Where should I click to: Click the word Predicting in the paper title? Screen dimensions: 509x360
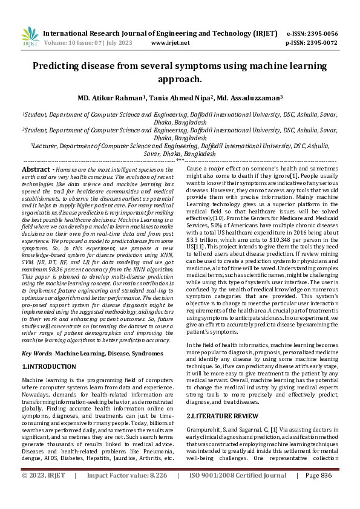[63, 67]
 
